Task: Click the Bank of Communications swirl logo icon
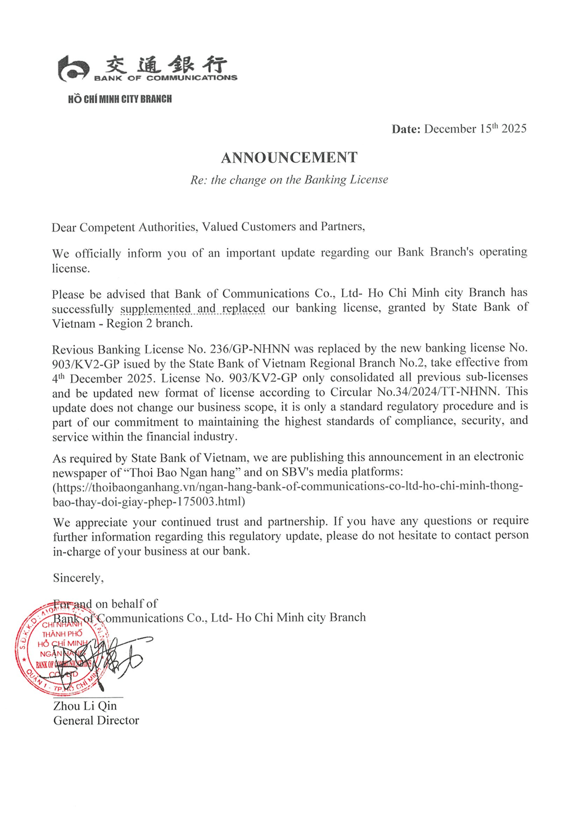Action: (x=74, y=69)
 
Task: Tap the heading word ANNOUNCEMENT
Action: (x=289, y=158)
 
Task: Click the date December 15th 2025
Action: (x=475, y=129)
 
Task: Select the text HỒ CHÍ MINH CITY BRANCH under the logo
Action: (x=120, y=99)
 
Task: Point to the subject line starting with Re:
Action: (x=289, y=180)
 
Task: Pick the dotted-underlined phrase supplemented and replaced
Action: (x=192, y=309)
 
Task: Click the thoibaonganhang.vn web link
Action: (x=287, y=493)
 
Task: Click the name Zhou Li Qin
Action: (x=85, y=706)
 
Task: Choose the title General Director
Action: (x=96, y=721)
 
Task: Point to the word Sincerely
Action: (x=78, y=578)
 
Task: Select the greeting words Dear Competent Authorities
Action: (x=124, y=227)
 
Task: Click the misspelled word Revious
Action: (x=73, y=349)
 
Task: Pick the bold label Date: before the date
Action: (x=406, y=129)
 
